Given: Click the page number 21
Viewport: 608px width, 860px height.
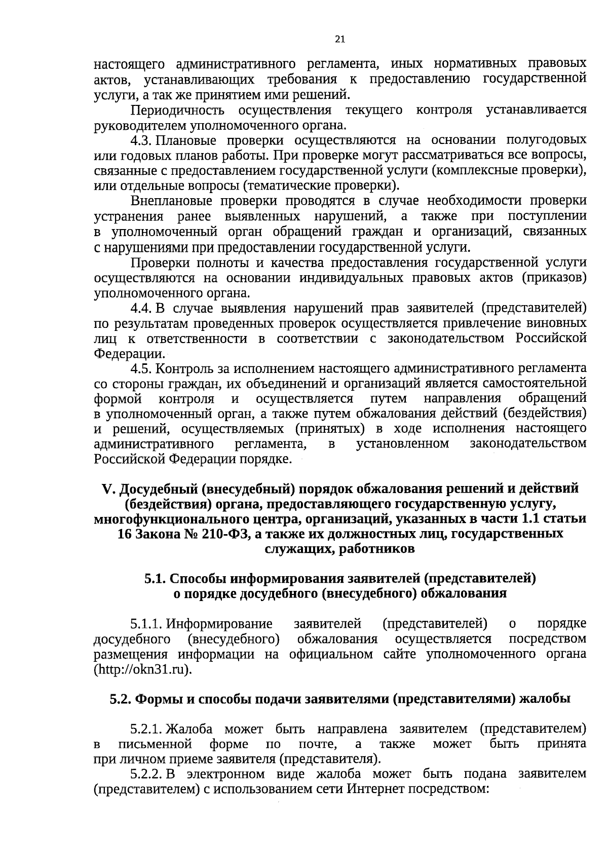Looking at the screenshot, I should coord(340,40).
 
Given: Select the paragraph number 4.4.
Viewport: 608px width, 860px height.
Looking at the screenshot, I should coord(141,309).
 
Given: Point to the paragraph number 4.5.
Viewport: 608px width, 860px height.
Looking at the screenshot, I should coord(141,368).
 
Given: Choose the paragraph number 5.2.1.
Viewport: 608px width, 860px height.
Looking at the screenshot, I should coord(146,730).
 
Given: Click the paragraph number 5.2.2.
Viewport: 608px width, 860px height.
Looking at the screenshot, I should coord(146,775).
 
